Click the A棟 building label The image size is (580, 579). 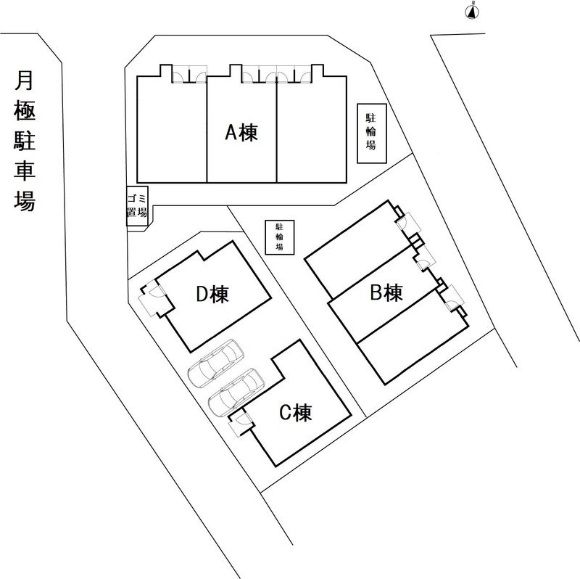click(x=241, y=132)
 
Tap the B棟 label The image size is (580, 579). click(x=386, y=293)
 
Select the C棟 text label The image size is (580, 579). click(x=296, y=412)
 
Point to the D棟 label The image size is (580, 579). click(x=212, y=294)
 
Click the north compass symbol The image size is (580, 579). click(x=472, y=12)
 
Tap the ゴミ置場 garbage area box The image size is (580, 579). click(x=137, y=206)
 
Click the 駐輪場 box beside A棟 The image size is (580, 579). click(x=372, y=134)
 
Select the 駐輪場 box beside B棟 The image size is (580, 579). click(x=280, y=237)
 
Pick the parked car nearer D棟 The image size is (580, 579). click(x=215, y=364)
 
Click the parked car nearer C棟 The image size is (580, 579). click(x=236, y=393)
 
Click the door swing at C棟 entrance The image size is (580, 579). click(x=242, y=419)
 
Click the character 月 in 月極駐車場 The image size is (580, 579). click(x=24, y=81)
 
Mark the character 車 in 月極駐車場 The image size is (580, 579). click(x=25, y=171)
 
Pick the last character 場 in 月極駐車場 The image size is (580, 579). click(x=25, y=201)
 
